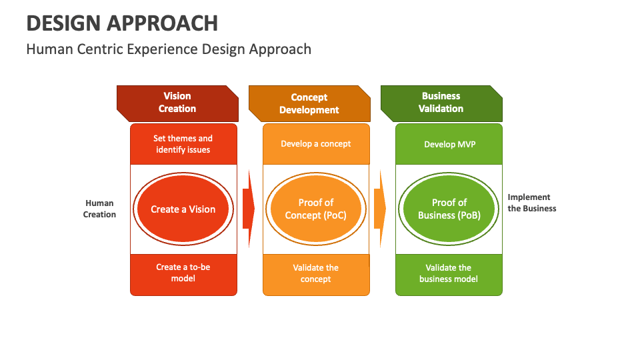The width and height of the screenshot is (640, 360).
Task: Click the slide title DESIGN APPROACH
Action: (x=122, y=23)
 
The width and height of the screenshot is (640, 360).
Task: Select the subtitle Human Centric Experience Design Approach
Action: (x=169, y=49)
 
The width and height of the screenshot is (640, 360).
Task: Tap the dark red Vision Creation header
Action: (x=177, y=103)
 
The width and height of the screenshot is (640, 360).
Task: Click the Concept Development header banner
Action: (x=309, y=103)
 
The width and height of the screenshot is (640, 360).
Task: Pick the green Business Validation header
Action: (x=441, y=103)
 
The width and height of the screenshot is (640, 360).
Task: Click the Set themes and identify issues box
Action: (x=183, y=144)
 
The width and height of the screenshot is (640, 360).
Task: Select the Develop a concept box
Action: (x=316, y=144)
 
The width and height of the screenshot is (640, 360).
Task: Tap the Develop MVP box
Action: (x=449, y=144)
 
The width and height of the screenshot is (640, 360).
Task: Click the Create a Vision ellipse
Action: (x=183, y=209)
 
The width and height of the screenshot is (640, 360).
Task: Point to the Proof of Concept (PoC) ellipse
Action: (x=316, y=209)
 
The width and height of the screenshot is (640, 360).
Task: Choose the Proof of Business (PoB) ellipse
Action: (x=449, y=209)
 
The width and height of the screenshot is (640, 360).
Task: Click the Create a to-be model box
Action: (x=183, y=273)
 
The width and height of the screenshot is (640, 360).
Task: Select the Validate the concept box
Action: (x=316, y=273)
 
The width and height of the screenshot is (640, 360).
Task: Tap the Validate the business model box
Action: (x=449, y=273)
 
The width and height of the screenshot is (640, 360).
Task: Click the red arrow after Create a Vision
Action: (x=249, y=209)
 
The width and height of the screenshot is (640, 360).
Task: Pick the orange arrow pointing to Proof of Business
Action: (x=380, y=209)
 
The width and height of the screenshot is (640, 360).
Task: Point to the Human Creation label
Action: (x=99, y=209)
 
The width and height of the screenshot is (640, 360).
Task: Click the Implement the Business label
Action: (x=531, y=203)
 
